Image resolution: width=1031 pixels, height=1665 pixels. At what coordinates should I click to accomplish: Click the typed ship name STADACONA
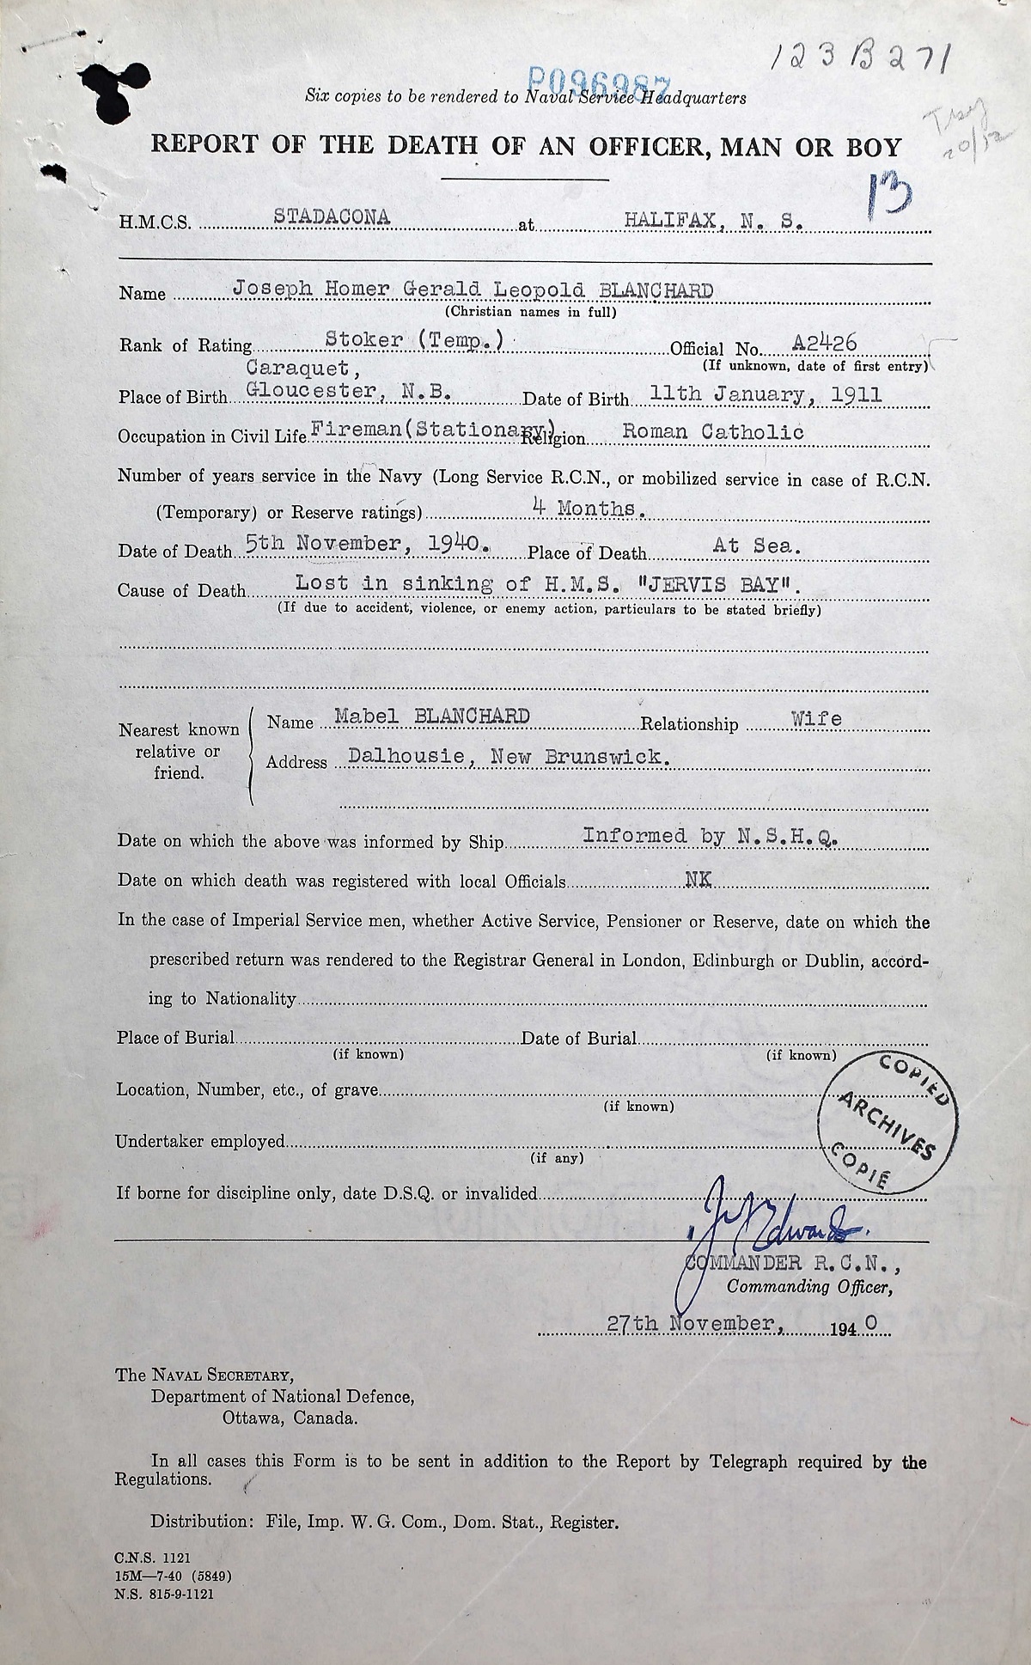[332, 218]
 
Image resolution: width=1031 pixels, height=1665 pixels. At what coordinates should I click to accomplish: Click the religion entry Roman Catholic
[713, 432]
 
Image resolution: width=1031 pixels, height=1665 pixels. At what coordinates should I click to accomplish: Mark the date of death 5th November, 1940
[368, 544]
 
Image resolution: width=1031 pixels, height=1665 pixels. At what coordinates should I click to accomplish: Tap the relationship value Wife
[816, 719]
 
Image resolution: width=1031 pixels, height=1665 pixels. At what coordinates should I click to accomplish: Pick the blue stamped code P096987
[601, 82]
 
